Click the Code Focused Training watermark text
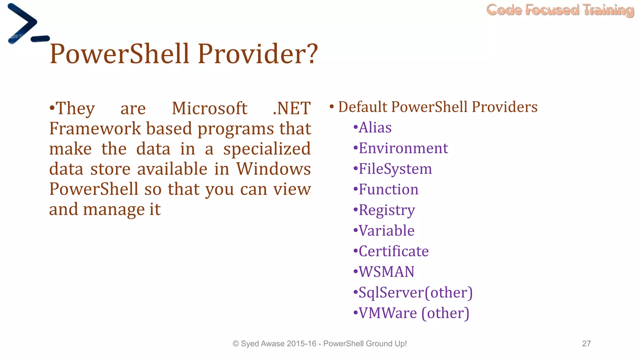point(560,10)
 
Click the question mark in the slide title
point(311,54)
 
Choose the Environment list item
point(403,148)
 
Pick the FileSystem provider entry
point(395,169)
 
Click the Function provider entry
point(388,189)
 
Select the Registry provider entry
point(387,210)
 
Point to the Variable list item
point(386,231)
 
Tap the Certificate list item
point(393,251)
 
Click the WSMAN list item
point(386,272)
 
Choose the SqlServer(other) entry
point(415,292)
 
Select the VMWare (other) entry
point(413,313)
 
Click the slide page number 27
point(586,343)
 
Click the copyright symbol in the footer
point(236,344)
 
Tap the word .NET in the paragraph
point(291,108)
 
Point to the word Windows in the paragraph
point(273,169)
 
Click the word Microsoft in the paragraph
point(209,108)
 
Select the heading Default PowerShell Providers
point(437,107)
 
